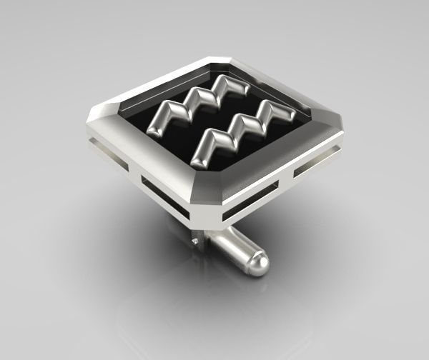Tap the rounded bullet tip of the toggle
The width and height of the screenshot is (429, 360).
click(x=262, y=265)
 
